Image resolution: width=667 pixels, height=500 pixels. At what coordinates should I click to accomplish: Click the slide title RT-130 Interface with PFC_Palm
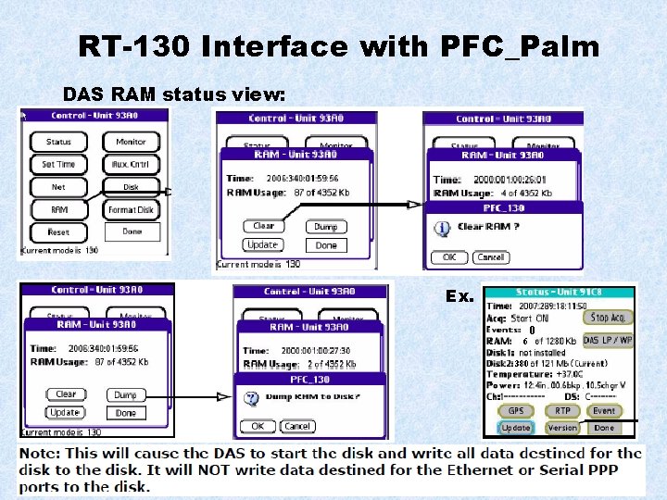(x=338, y=47)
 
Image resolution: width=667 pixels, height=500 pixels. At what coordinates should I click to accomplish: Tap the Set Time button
(x=58, y=165)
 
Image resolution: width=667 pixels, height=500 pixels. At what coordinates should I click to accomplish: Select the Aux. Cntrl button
(x=131, y=165)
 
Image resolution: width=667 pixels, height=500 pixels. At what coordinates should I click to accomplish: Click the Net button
(x=58, y=187)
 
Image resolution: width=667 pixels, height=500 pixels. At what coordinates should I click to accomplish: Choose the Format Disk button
(x=131, y=210)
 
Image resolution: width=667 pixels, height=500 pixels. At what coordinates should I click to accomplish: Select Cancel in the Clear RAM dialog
(x=490, y=257)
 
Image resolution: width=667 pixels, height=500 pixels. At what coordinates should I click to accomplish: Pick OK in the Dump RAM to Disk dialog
(x=258, y=426)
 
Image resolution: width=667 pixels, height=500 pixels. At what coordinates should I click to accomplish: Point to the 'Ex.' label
(x=459, y=296)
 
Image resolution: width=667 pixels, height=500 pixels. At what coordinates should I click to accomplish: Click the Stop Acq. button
(x=608, y=318)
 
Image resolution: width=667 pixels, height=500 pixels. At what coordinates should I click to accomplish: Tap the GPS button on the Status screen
(x=515, y=411)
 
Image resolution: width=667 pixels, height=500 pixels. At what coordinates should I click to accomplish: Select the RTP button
(x=562, y=411)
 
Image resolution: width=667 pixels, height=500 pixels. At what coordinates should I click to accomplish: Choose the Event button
(x=604, y=411)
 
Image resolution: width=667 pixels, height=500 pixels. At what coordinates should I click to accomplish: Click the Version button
(x=562, y=428)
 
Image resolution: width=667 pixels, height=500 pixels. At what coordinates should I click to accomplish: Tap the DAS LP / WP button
(x=608, y=340)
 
